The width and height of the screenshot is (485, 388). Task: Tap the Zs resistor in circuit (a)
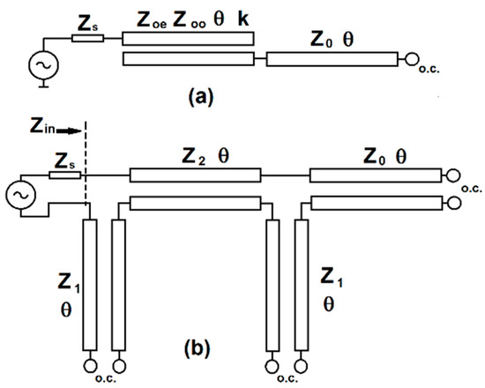(x=88, y=38)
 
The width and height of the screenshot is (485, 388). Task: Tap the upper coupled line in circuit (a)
(x=187, y=38)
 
